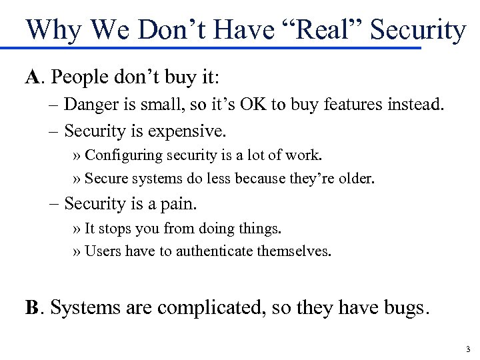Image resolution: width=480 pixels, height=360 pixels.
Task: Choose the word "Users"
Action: pyautogui.click(x=100, y=251)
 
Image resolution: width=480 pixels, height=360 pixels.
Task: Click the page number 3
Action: pyautogui.click(x=468, y=349)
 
